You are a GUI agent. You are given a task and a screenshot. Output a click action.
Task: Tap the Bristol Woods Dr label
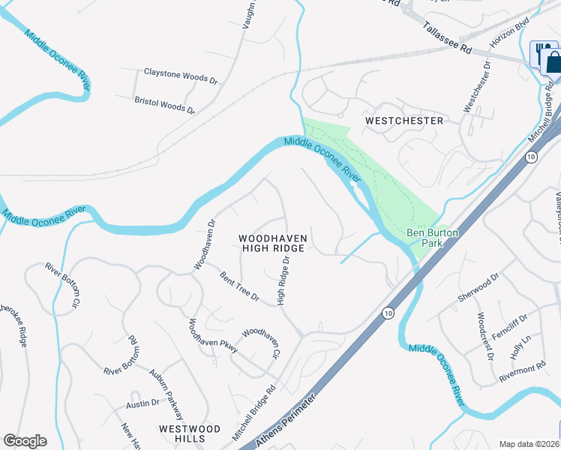[164, 104]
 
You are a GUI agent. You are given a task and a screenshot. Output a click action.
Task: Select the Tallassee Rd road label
[446, 36]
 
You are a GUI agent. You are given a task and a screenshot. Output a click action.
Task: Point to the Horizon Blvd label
[509, 33]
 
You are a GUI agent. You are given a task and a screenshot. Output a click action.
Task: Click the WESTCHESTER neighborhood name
[403, 120]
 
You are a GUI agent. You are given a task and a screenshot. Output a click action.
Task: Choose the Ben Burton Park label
[431, 238]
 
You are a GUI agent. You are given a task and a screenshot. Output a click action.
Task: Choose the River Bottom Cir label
[62, 285]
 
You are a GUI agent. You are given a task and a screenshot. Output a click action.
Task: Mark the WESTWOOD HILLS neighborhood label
[190, 433]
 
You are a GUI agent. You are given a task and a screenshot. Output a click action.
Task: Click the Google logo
[25, 441]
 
